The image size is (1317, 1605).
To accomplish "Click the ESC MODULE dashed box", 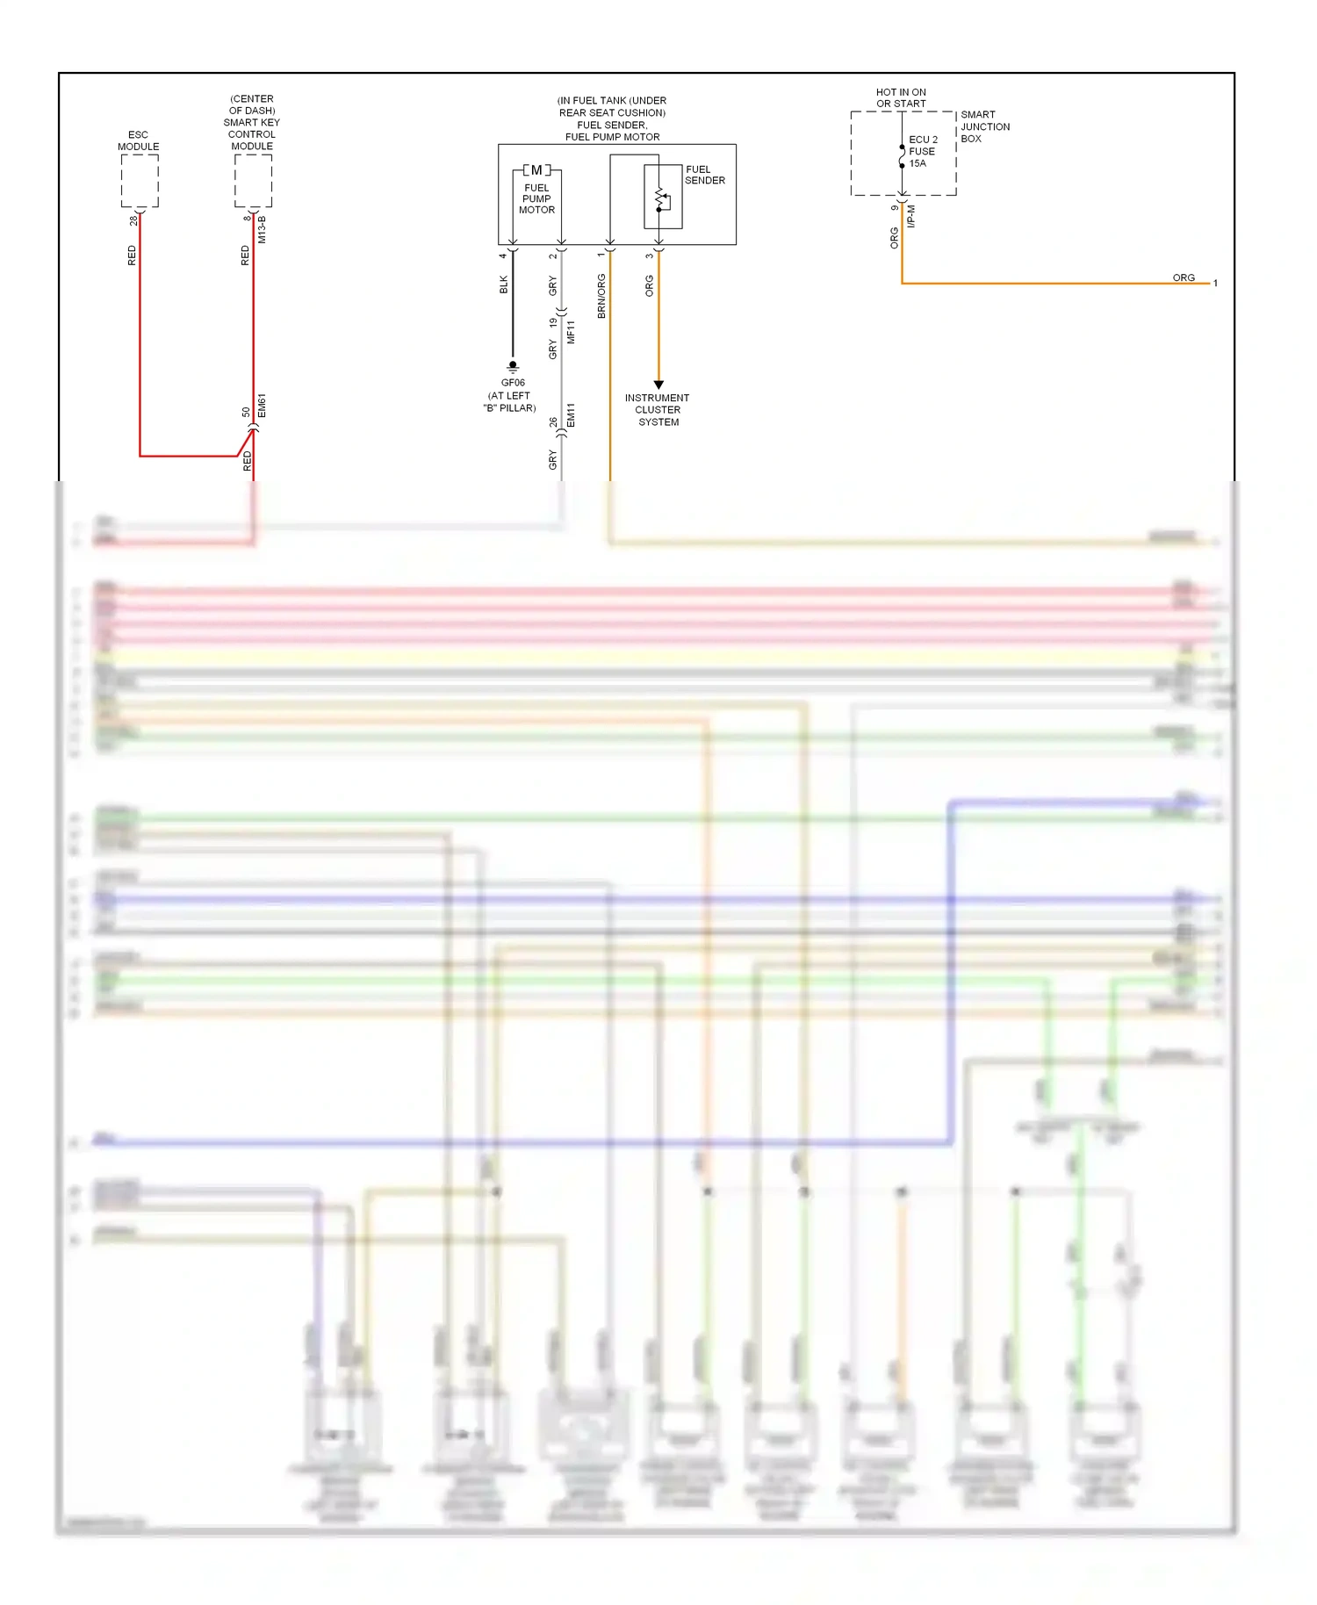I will point(140,181).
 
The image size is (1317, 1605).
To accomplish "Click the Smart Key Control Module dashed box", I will point(253,181).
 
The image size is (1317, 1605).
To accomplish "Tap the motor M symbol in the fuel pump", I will point(536,170).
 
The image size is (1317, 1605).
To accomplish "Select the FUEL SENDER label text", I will point(705,175).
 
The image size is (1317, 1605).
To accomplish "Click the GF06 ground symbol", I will point(513,366).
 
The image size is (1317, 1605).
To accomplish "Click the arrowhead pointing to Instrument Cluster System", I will point(658,385).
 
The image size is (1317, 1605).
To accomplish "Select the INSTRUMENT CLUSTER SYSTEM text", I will point(658,410).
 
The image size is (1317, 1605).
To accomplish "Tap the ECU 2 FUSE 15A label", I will point(923,151).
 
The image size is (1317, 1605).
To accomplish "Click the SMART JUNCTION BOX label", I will point(984,126).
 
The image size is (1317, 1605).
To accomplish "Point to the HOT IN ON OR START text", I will point(901,97).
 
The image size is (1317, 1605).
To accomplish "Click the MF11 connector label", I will point(571,332).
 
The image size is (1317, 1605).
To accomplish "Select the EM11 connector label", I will point(571,415).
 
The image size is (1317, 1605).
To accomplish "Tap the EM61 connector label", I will point(262,406).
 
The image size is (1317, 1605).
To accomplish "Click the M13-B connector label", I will point(262,229).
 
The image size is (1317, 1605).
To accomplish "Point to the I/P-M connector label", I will point(911,217).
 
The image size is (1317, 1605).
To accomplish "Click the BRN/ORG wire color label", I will point(601,296).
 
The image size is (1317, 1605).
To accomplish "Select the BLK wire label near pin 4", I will point(503,284).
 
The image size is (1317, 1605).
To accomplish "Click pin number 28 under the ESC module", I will point(133,220).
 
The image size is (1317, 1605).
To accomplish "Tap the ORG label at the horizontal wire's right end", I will point(1184,277).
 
